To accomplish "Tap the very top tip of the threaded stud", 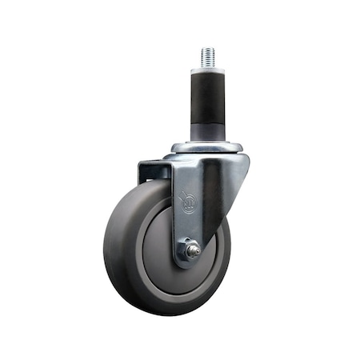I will click(208, 49).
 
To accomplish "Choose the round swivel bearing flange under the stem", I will click(206, 147).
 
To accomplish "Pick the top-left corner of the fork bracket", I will click(139, 162).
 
